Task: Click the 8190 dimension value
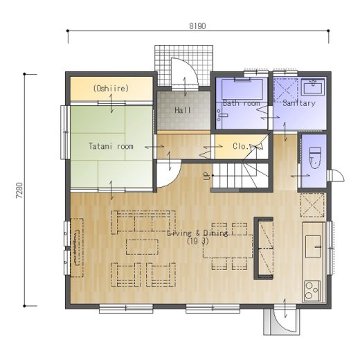pyautogui.click(x=197, y=26)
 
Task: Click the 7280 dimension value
pyautogui.click(x=19, y=190)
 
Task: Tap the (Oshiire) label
pyautogui.click(x=111, y=89)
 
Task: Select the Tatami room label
pyautogui.click(x=111, y=146)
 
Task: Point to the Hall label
pyautogui.click(x=183, y=110)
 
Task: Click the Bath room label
pyautogui.click(x=242, y=103)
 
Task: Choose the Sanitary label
pyautogui.click(x=299, y=103)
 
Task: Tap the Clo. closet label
pyautogui.click(x=241, y=146)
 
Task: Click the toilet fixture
pyautogui.click(x=315, y=158)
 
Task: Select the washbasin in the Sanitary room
pyautogui.click(x=313, y=87)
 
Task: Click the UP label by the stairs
pyautogui.click(x=208, y=176)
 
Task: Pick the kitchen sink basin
pyautogui.click(x=313, y=246)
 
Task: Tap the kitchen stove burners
pyautogui.click(x=312, y=291)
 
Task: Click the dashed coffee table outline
pyautogui.click(x=142, y=247)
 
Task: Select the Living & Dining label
pyautogui.click(x=197, y=233)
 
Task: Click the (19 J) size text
pyautogui.click(x=198, y=241)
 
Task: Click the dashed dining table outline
pyautogui.click(x=228, y=246)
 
